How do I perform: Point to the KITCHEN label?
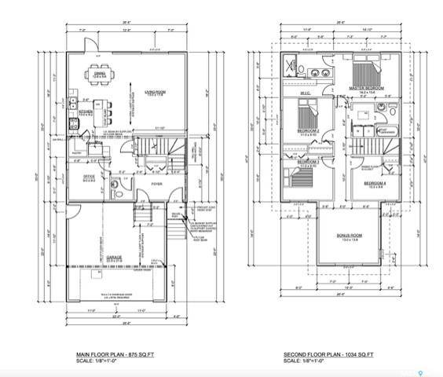(x=87, y=111)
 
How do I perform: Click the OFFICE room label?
(x=88, y=177)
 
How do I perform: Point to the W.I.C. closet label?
(x=306, y=93)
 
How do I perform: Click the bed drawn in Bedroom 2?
(x=309, y=115)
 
